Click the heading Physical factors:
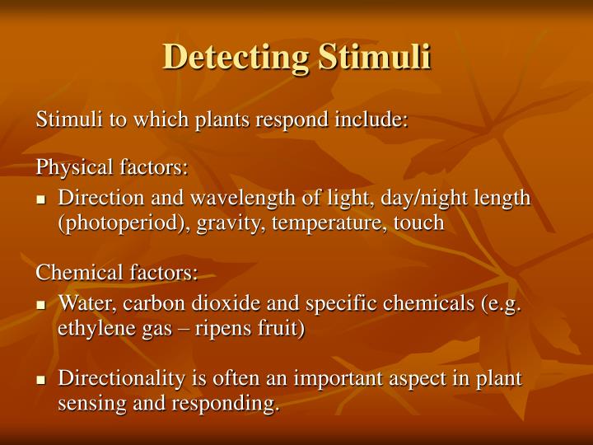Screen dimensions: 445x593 pos(112,168)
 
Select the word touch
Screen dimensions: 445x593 pos(415,223)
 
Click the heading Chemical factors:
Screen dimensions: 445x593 pos(117,273)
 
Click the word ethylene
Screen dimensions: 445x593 pos(91,328)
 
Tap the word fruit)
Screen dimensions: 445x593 pos(278,328)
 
